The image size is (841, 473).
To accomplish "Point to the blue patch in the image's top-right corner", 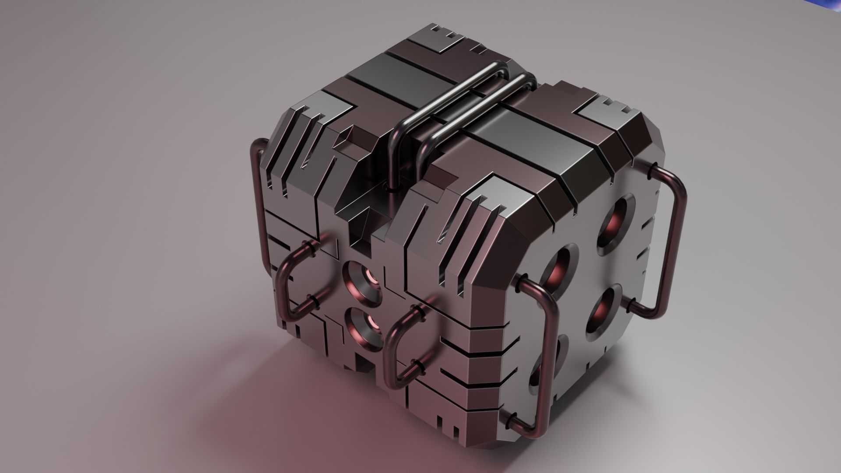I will (x=828, y=5).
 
